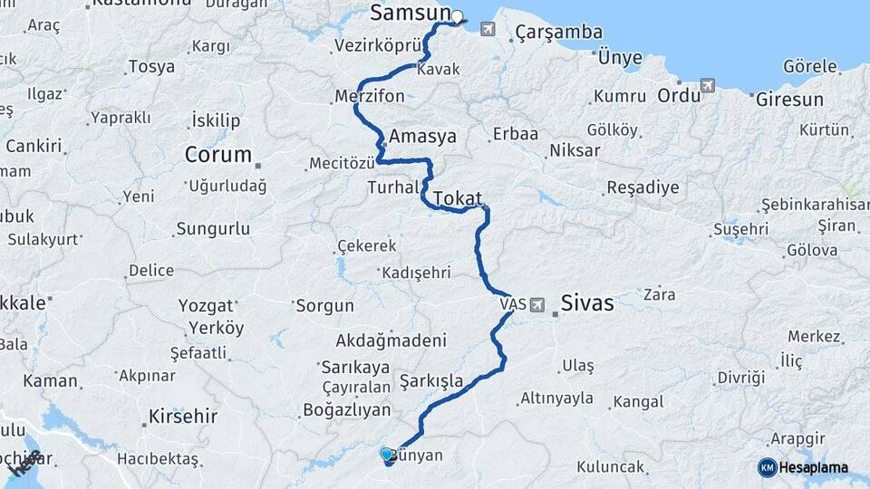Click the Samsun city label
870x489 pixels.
tap(410, 13)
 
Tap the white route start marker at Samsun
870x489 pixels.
tap(457, 15)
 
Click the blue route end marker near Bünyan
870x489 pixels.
tap(387, 455)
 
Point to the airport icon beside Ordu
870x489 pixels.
tap(708, 86)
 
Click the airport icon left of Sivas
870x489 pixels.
tap(539, 304)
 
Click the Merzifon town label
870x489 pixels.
tap(369, 96)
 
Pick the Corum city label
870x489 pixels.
tap(217, 154)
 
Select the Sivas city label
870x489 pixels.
tap(587, 303)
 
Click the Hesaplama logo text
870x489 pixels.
tap(814, 467)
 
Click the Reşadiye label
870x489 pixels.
tap(643, 188)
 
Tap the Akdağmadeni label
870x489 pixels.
tap(391, 340)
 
